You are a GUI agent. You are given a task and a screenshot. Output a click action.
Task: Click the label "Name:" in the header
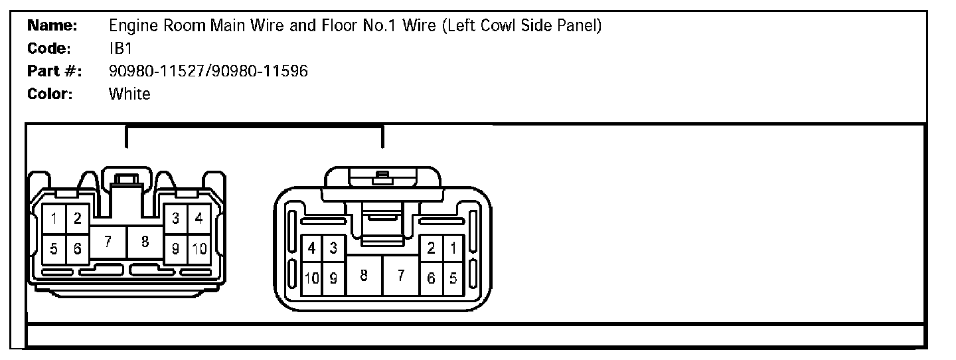[52, 26]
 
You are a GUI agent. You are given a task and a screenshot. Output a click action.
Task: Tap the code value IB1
[121, 48]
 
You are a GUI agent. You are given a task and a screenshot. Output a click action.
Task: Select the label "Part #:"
[54, 71]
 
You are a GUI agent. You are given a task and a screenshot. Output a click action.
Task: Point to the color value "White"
[129, 94]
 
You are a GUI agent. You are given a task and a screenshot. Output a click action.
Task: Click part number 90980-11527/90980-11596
[208, 71]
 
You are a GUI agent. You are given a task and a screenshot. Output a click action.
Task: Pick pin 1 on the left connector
[54, 217]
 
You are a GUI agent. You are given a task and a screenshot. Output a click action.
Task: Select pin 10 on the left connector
[199, 249]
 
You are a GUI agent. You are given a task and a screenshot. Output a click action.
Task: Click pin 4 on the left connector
[199, 217]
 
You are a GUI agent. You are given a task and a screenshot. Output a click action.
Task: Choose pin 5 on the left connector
[54, 249]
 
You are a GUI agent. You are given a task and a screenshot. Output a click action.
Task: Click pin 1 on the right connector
[453, 248]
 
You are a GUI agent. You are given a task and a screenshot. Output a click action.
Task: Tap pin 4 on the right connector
[311, 248]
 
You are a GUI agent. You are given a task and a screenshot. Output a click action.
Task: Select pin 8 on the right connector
[364, 274]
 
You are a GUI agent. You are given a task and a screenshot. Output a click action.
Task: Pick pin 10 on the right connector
[311, 279]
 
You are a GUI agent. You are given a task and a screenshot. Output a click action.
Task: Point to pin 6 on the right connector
[431, 279]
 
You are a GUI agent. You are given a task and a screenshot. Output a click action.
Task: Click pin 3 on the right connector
[333, 248]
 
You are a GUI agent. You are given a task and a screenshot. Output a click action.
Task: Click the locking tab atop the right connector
[381, 178]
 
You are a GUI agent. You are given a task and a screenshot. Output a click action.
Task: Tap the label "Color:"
[49, 94]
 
